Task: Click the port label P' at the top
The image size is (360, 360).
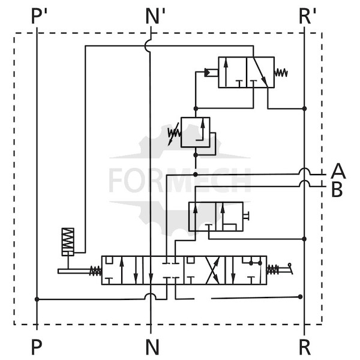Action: click(39, 17)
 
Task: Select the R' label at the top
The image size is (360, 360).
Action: click(307, 17)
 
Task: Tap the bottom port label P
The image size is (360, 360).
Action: click(37, 347)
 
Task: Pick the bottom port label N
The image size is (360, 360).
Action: click(152, 347)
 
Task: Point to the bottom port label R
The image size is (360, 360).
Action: click(305, 347)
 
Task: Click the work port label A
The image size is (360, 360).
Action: click(338, 171)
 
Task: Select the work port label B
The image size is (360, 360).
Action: click(337, 190)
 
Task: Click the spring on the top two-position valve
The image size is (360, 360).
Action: click(281, 73)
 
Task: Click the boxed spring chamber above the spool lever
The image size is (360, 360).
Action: click(68, 242)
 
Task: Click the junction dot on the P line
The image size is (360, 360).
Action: click(37, 299)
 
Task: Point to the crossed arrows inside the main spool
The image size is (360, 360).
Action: click(213, 270)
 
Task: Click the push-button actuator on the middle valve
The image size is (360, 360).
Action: click(247, 217)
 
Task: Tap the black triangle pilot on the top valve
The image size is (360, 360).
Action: click(207, 73)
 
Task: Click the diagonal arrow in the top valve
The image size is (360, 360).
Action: click(261, 72)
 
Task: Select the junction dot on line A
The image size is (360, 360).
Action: click(196, 175)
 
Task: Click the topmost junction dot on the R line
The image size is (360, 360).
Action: click(304, 109)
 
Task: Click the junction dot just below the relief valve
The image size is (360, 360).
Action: click(196, 155)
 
